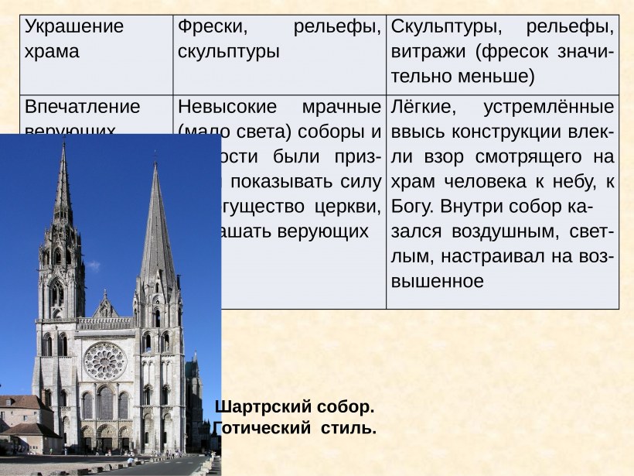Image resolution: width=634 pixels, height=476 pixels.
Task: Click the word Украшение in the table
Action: [x=74, y=26]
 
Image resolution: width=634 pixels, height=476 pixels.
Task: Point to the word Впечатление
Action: [x=83, y=106]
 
